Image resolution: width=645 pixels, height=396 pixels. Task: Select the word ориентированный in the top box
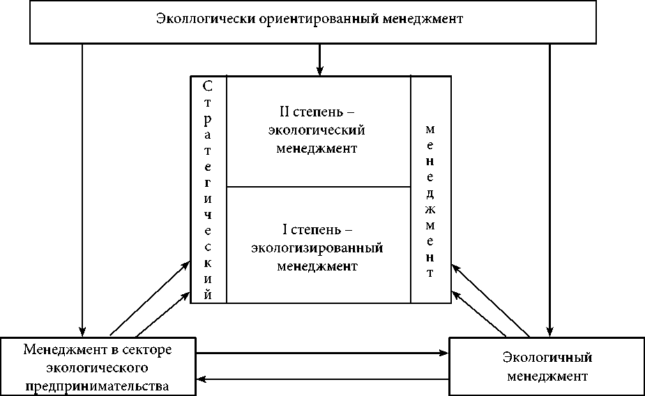click(x=310, y=18)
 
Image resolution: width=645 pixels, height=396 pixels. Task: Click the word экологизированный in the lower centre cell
click(x=319, y=247)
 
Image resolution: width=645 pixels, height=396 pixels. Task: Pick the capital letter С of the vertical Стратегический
click(x=208, y=86)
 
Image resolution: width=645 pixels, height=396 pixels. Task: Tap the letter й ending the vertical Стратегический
click(x=208, y=294)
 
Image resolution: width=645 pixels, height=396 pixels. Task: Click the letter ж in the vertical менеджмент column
click(x=430, y=209)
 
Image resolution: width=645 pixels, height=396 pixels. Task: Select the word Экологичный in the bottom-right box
click(x=547, y=358)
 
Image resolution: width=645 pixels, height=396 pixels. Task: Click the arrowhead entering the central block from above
click(x=320, y=70)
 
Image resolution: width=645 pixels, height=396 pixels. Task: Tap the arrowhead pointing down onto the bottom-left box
click(x=82, y=331)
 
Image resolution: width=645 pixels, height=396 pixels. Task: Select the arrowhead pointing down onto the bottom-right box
click(x=550, y=331)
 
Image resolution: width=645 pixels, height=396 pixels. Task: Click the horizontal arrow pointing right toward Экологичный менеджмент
click(x=321, y=353)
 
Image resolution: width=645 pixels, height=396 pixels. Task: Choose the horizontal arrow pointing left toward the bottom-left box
click(x=321, y=379)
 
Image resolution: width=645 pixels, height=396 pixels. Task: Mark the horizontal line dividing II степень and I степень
click(x=319, y=187)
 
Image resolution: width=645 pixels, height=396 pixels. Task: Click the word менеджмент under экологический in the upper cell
click(x=317, y=148)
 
